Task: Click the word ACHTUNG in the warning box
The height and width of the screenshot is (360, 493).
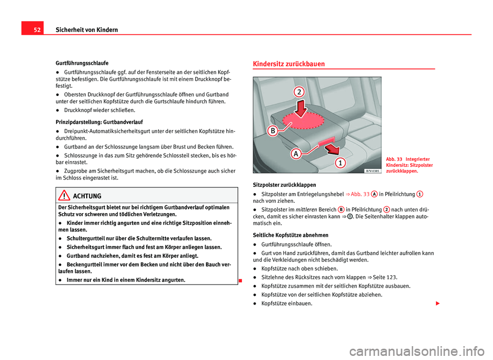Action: point(88,197)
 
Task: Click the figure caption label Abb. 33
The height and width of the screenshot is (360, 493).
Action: point(394,159)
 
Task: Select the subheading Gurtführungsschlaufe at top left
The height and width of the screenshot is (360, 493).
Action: point(79,63)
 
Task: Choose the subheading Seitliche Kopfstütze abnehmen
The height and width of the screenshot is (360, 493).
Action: point(288,235)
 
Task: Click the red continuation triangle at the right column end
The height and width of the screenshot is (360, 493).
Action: point(438,303)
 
